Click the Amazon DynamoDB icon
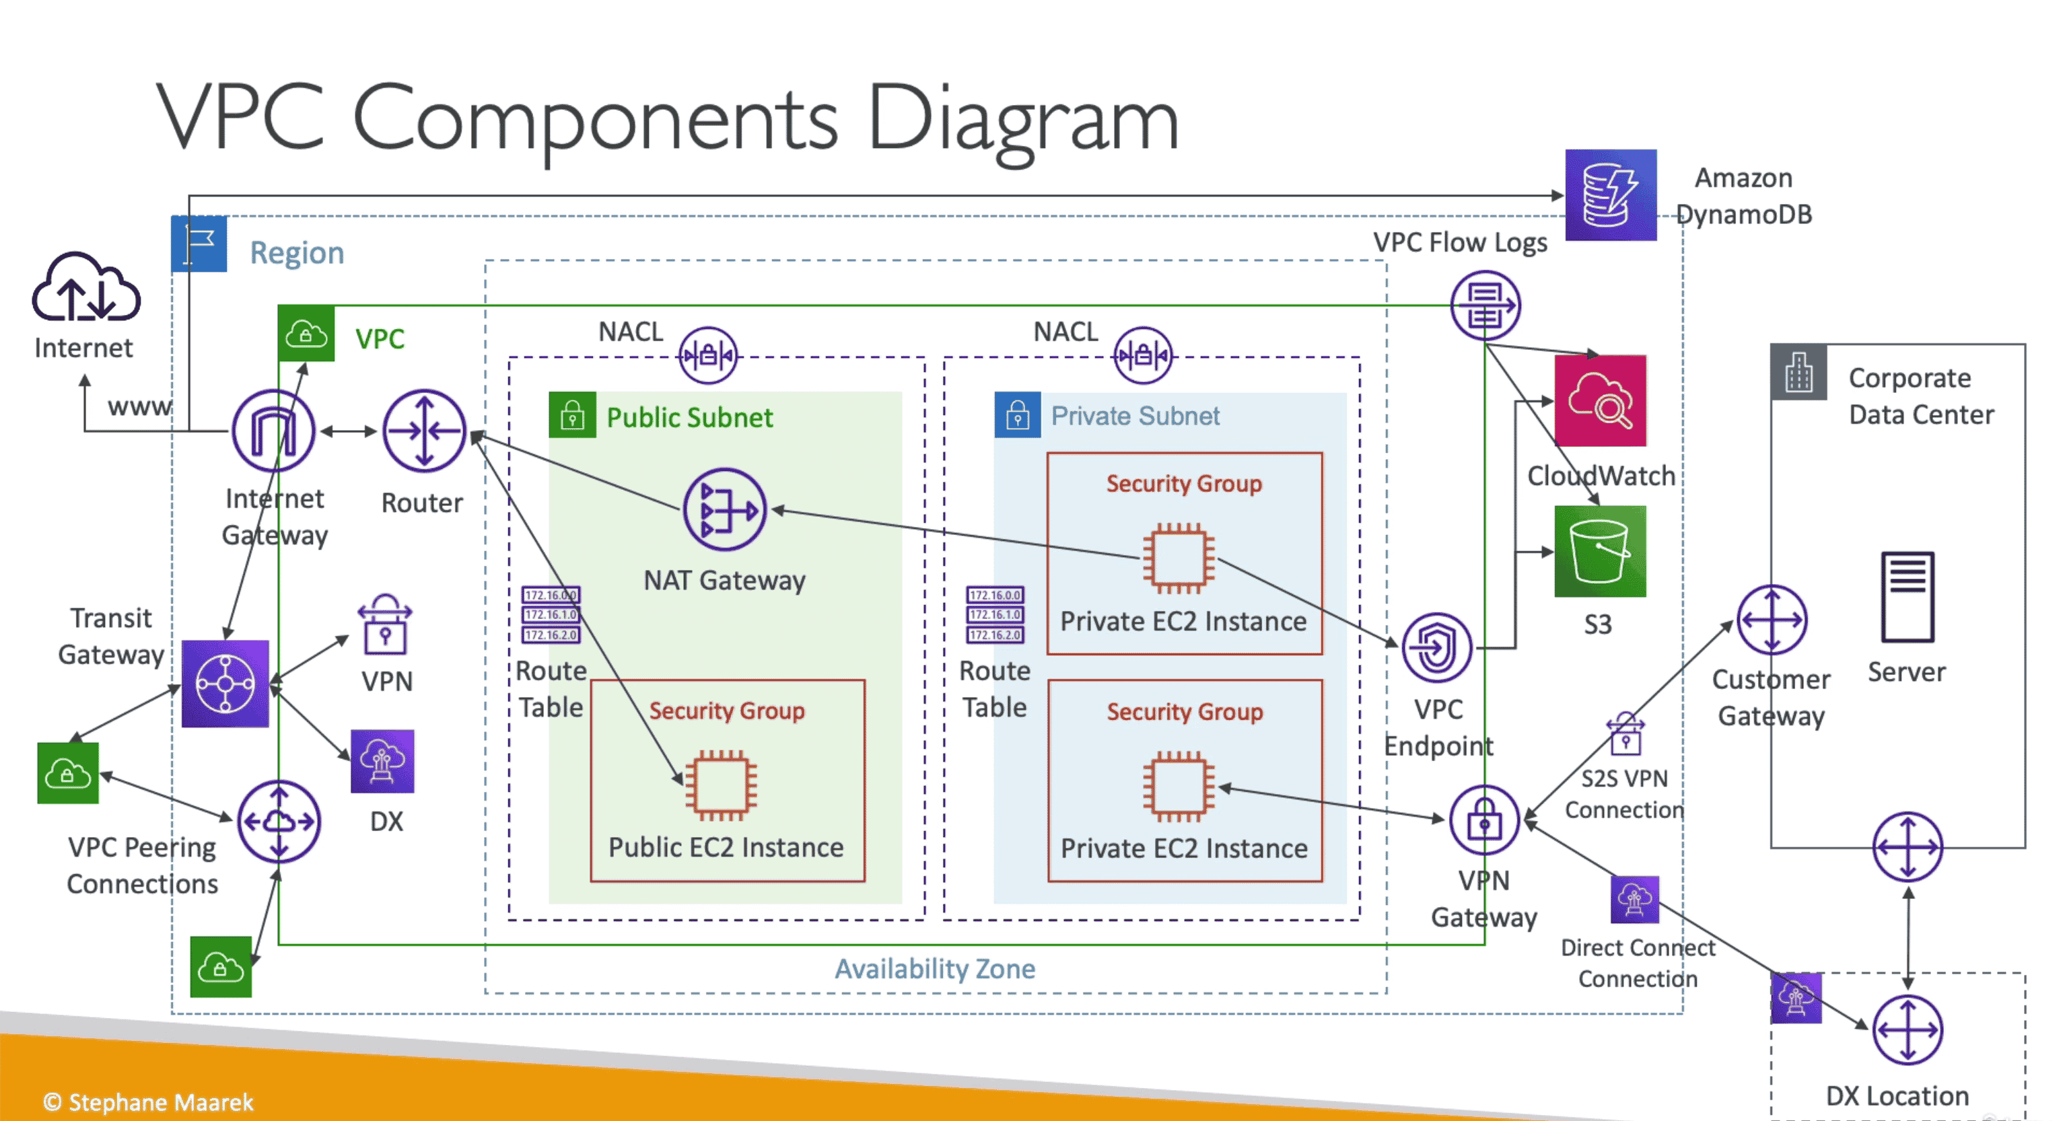(x=1610, y=194)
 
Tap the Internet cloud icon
(x=85, y=288)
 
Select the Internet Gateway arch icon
(x=273, y=431)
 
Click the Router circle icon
(x=423, y=431)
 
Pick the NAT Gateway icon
(x=725, y=509)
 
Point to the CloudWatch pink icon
(x=1600, y=400)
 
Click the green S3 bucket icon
(x=1600, y=551)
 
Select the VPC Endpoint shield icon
(x=1436, y=647)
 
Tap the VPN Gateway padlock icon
(x=1484, y=820)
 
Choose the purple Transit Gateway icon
(x=225, y=684)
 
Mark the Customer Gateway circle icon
(x=1772, y=620)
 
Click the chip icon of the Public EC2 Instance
(x=722, y=785)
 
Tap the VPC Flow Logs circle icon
(x=1485, y=305)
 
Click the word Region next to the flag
(x=297, y=253)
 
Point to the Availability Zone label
(x=935, y=969)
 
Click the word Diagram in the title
(x=1023, y=120)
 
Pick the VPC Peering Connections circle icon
(x=279, y=822)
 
